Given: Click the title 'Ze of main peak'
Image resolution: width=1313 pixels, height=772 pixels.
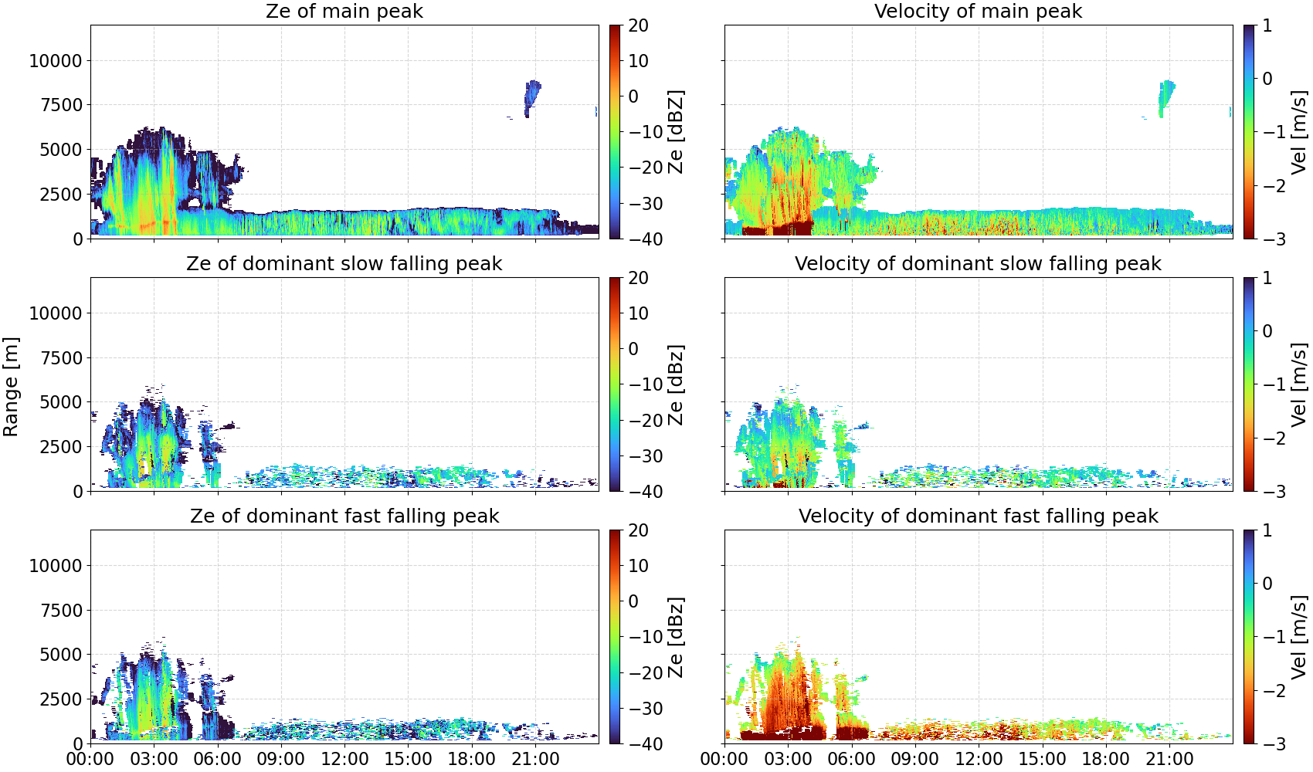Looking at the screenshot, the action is coord(344,11).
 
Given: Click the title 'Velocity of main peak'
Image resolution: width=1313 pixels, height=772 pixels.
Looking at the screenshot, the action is coord(979,11).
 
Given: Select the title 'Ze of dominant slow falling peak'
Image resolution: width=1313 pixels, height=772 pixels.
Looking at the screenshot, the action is coord(344,263).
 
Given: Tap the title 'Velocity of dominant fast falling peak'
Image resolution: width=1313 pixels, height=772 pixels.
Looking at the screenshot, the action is coord(979,516).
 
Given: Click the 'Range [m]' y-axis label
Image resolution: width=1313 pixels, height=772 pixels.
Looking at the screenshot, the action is coord(11,387).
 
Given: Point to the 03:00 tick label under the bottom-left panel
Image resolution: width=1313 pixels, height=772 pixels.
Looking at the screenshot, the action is coord(154,759).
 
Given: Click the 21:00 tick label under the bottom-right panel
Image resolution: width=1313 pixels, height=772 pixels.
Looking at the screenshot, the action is coord(1169,759).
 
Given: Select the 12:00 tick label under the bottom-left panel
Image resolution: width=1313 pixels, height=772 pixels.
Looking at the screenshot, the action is coord(344,759).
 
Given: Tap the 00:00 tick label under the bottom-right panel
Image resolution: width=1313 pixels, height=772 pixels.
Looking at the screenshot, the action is coord(724,759).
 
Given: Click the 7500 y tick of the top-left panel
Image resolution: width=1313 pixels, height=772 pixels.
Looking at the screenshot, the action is coord(61,105).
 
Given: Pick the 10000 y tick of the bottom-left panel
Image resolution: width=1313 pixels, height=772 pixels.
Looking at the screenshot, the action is coord(56,566).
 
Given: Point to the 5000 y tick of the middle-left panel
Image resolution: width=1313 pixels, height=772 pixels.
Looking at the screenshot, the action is coord(61,402).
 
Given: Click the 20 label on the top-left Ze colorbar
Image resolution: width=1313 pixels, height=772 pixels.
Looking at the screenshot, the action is coord(638,25).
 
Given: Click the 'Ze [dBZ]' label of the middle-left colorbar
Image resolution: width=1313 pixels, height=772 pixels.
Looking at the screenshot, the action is coord(676,384).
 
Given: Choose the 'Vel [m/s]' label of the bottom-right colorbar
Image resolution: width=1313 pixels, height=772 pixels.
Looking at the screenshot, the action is coord(1299,637).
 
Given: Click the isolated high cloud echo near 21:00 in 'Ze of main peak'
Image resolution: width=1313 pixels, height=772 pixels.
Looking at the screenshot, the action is coord(531,98).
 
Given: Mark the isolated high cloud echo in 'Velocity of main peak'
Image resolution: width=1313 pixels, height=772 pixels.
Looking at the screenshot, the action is coord(1166,98).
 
